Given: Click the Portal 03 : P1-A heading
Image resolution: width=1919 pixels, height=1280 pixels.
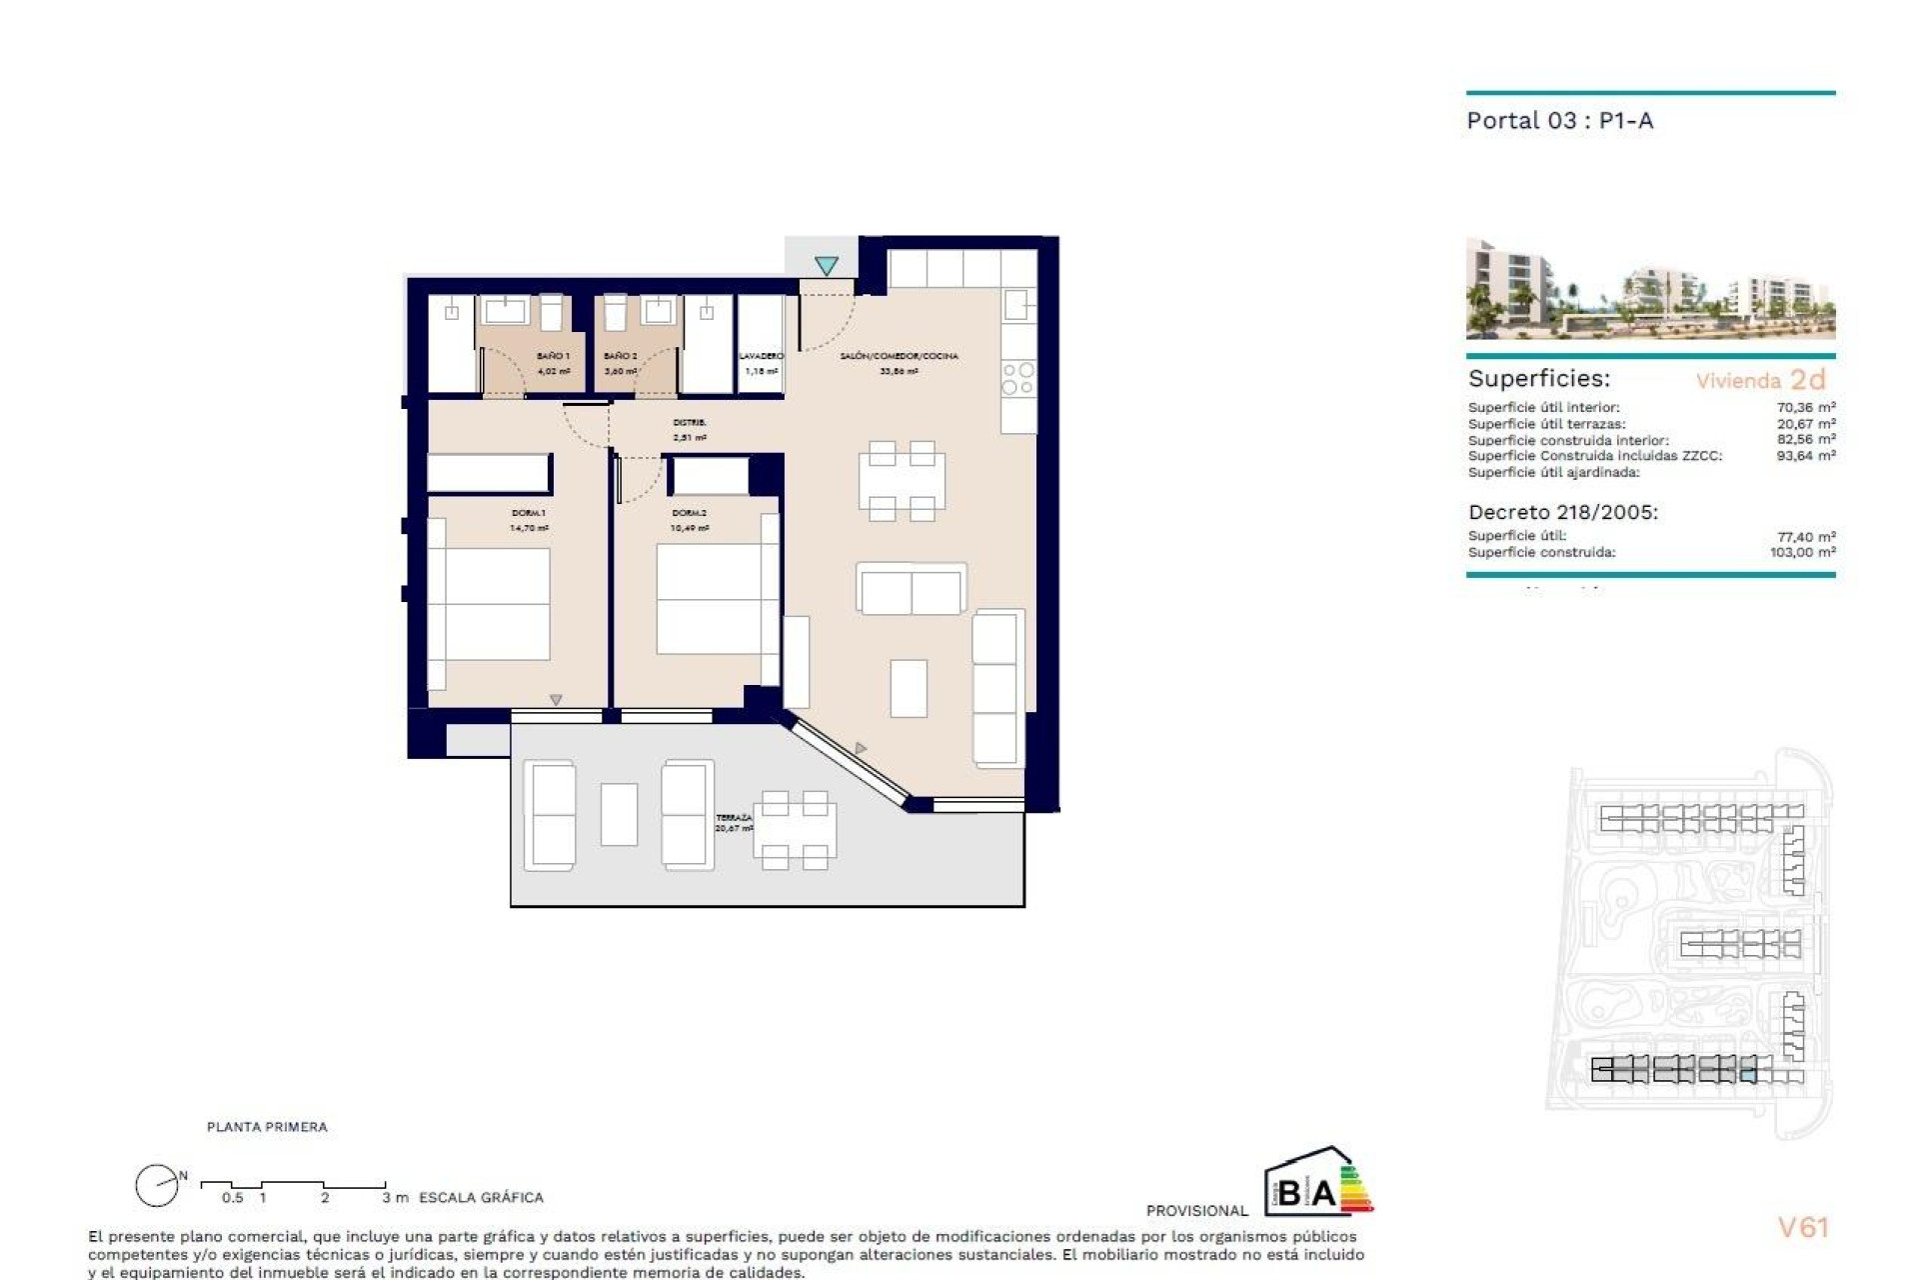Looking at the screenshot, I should pos(1559,121).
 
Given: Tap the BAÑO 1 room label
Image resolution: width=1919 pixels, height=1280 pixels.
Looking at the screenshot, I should pos(553,356).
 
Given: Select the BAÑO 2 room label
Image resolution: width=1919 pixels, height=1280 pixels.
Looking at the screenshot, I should pos(620,356).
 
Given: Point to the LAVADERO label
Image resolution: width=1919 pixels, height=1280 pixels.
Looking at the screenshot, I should pos(761,356).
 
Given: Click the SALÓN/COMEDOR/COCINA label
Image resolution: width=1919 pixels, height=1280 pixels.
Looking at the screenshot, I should pos(899,356).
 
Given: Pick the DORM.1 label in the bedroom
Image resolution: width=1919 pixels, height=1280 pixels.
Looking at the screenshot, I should pos(529,513).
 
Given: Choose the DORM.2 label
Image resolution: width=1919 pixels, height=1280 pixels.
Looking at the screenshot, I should pos(690,513).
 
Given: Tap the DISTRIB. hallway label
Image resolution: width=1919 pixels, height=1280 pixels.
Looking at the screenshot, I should pos(690,423).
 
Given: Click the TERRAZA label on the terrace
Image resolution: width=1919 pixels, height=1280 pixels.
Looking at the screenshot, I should pos(734,818).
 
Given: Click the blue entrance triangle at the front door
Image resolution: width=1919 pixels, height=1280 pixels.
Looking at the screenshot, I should pos(826,266).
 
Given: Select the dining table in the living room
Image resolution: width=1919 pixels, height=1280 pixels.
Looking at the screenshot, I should pos(902,481).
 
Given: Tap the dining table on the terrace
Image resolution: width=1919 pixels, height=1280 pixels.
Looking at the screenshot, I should pos(795,830).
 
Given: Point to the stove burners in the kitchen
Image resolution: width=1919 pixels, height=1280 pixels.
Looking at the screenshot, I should pos(1018,379).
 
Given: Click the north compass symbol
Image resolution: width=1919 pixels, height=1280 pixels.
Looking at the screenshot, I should pos(158,1186).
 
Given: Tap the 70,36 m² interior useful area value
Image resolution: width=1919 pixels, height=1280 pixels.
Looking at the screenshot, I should pos(1805,407).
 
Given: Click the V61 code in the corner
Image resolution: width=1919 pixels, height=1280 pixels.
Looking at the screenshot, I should pos(1803,1228).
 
